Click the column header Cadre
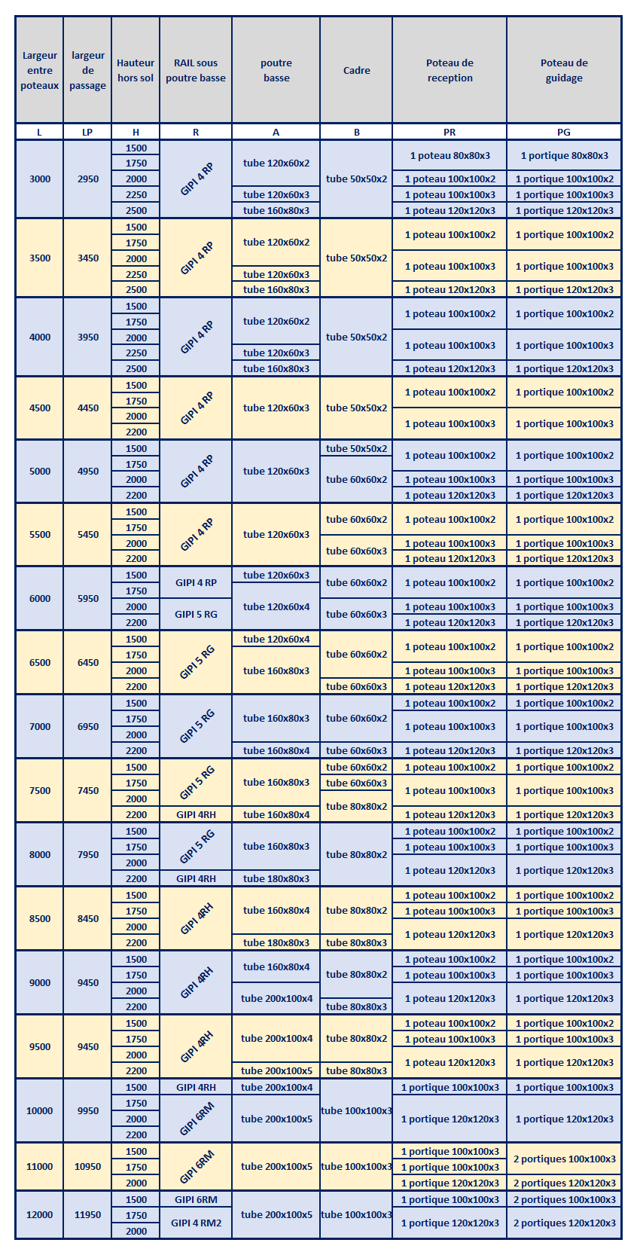[x=356, y=70]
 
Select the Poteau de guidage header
[x=564, y=70]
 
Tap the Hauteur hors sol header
[x=136, y=70]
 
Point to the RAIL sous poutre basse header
[x=196, y=70]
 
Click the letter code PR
[x=450, y=132]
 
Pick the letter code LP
[x=88, y=132]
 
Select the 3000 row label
[x=40, y=179]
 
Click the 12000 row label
[x=40, y=1214]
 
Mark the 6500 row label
[x=40, y=662]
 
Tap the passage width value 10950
[x=88, y=1166]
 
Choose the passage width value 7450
[x=88, y=790]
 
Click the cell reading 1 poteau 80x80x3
[x=450, y=155]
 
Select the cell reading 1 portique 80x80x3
[x=564, y=155]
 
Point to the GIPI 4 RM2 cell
[x=196, y=1223]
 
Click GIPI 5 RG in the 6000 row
[x=196, y=614]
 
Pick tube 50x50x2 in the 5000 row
[x=356, y=448]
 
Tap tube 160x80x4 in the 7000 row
[x=276, y=750]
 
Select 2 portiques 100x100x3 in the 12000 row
[x=564, y=1199]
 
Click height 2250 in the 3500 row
[x=136, y=274]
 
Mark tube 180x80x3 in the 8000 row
[x=276, y=878]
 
